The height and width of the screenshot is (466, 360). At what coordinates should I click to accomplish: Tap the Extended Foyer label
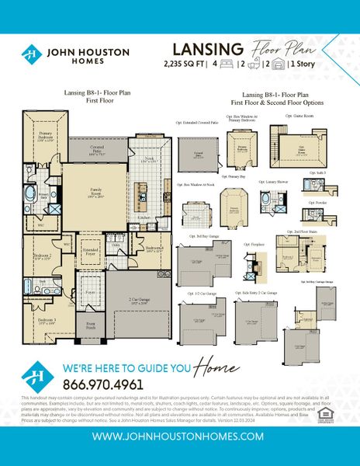[x=92, y=252]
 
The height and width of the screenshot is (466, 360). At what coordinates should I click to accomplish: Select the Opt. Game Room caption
[x=299, y=115]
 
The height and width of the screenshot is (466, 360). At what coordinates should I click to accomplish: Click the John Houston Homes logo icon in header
[x=32, y=54]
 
